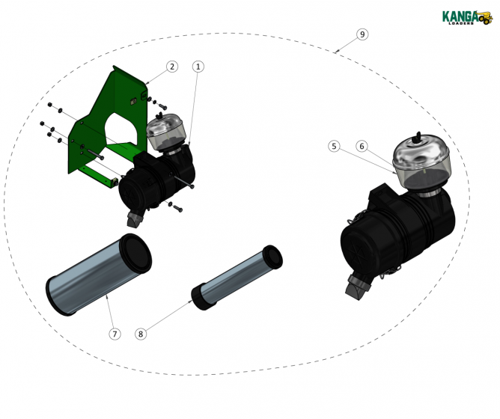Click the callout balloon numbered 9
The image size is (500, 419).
click(x=362, y=34)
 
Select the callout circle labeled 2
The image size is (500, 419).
click(x=172, y=67)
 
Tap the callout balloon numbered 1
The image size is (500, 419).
click(x=198, y=67)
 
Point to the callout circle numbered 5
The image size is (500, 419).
click(x=335, y=147)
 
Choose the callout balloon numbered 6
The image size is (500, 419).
click(x=362, y=147)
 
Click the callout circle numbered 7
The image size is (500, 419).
click(x=115, y=334)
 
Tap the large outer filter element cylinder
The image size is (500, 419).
click(x=97, y=273)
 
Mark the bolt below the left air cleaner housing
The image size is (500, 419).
click(x=176, y=207)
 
